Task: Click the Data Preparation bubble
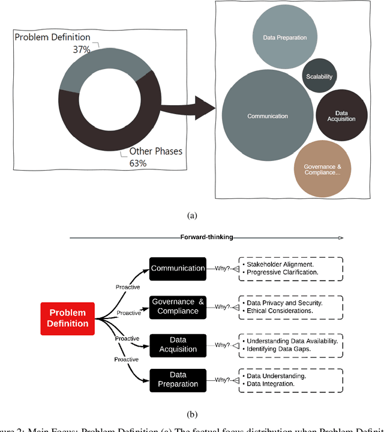click(285, 37)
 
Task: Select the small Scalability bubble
click(319, 76)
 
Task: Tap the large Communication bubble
click(268, 116)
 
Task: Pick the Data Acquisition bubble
click(341, 115)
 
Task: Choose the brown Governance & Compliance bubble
click(323, 169)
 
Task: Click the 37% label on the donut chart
click(82, 49)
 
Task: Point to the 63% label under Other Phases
click(139, 162)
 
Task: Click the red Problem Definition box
click(68, 318)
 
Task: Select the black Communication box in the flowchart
click(178, 268)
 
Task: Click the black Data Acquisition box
click(178, 345)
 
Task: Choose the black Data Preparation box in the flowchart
click(178, 380)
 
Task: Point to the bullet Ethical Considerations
click(280, 311)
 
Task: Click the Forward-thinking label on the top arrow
click(207, 237)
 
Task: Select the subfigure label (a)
click(192, 214)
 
